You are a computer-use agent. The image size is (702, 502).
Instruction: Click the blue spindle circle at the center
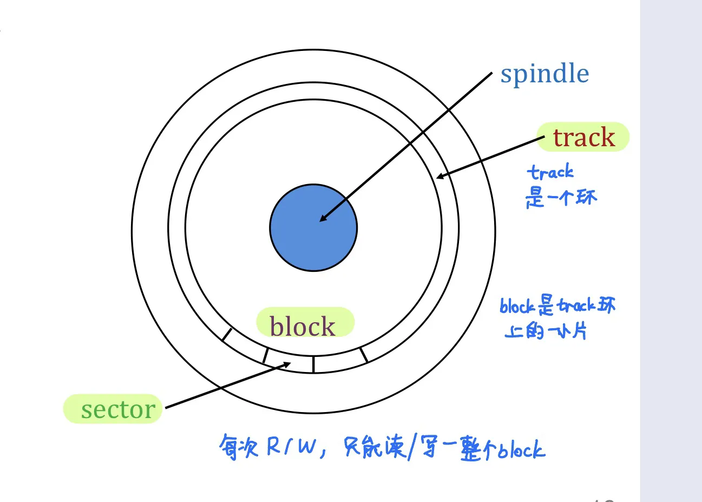[x=313, y=227]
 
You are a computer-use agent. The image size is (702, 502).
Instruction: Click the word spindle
[x=544, y=74]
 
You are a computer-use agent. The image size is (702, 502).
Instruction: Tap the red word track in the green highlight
[x=583, y=138]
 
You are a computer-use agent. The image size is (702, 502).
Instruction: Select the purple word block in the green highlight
[x=303, y=326]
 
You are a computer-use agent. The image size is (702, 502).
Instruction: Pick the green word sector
[x=118, y=409]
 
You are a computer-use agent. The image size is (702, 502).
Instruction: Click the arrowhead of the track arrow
[x=440, y=177]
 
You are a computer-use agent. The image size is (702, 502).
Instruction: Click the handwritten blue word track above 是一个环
[x=550, y=173]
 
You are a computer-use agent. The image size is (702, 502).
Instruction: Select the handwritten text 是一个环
[x=561, y=197]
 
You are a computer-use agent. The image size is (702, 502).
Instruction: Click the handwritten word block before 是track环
[x=517, y=307]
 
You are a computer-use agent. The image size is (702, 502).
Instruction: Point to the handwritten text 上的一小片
[x=546, y=330]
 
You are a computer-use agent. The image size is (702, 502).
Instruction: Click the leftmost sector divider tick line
[x=227, y=335]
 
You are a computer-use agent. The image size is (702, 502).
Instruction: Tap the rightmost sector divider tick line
[x=364, y=355]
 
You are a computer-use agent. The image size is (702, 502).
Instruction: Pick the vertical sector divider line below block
[x=313, y=364]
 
